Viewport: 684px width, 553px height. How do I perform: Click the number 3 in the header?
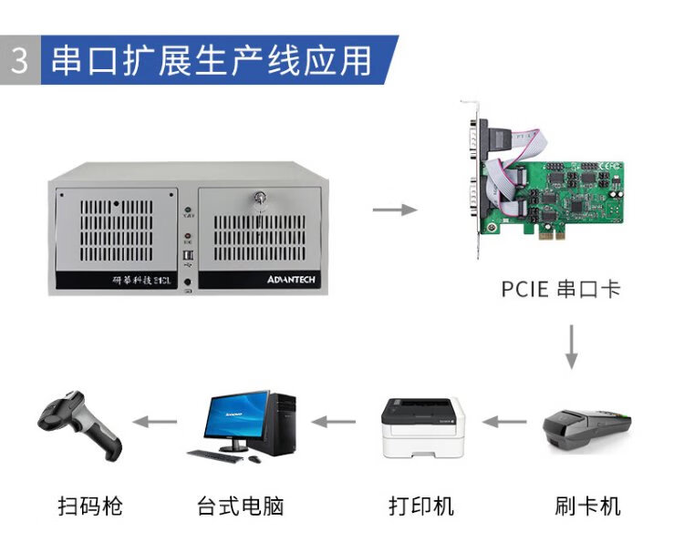(19, 60)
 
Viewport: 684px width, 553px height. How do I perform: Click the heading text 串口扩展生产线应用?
(211, 60)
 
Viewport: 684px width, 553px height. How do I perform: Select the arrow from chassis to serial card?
(394, 210)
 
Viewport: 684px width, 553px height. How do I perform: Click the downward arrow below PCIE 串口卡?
(571, 346)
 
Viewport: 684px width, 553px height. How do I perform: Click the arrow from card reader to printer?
(503, 421)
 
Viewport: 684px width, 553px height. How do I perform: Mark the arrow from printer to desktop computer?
(334, 421)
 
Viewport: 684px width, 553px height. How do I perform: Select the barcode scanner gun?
(78, 425)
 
